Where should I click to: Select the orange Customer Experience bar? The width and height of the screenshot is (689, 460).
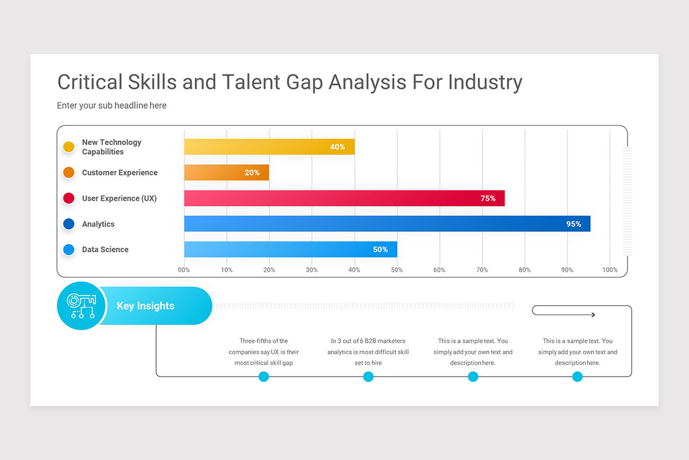(226, 172)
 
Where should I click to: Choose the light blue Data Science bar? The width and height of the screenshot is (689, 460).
(290, 250)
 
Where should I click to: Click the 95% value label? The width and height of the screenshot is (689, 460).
(574, 224)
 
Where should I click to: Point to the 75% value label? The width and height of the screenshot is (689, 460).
(487, 198)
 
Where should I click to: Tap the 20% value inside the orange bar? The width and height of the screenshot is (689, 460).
(252, 172)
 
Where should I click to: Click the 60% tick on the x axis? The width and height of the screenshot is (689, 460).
(439, 270)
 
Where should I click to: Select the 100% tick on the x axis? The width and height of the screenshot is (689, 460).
(610, 270)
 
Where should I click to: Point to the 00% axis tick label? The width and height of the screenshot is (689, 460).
(184, 270)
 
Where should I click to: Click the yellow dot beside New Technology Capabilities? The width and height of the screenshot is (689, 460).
(69, 147)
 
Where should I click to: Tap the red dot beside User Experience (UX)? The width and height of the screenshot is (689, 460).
(69, 198)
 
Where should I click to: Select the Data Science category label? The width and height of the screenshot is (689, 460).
(105, 250)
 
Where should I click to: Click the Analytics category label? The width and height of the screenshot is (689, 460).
(98, 224)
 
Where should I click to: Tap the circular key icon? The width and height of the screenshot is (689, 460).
(81, 306)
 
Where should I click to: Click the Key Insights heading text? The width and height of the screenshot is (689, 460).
(145, 306)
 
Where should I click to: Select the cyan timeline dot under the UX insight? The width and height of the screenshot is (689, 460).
(264, 377)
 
